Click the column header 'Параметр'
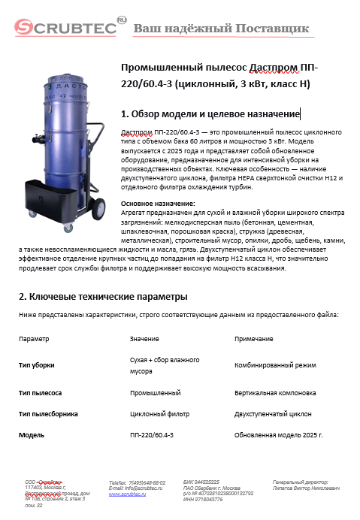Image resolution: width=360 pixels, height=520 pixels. pos(35,339)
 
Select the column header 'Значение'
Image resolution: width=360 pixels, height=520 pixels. pos(144,339)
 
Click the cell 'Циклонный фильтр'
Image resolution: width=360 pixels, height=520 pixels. pos(158,413)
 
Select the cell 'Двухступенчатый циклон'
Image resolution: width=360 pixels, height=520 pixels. pos(273,413)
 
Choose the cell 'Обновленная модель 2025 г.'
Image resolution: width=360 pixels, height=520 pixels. pos(279,435)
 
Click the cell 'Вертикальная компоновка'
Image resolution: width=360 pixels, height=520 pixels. pos(275,392)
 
